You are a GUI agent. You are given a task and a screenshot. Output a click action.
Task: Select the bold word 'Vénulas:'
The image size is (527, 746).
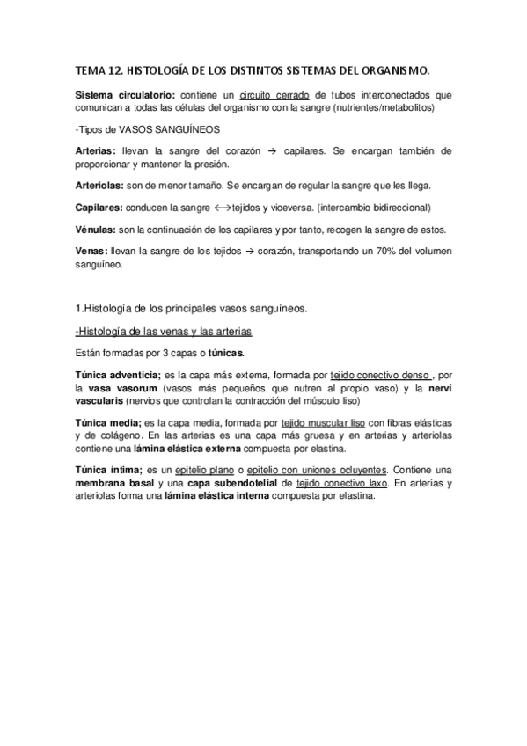[98, 230]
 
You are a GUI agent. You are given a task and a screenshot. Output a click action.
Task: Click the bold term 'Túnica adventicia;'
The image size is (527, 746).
[118, 375]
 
